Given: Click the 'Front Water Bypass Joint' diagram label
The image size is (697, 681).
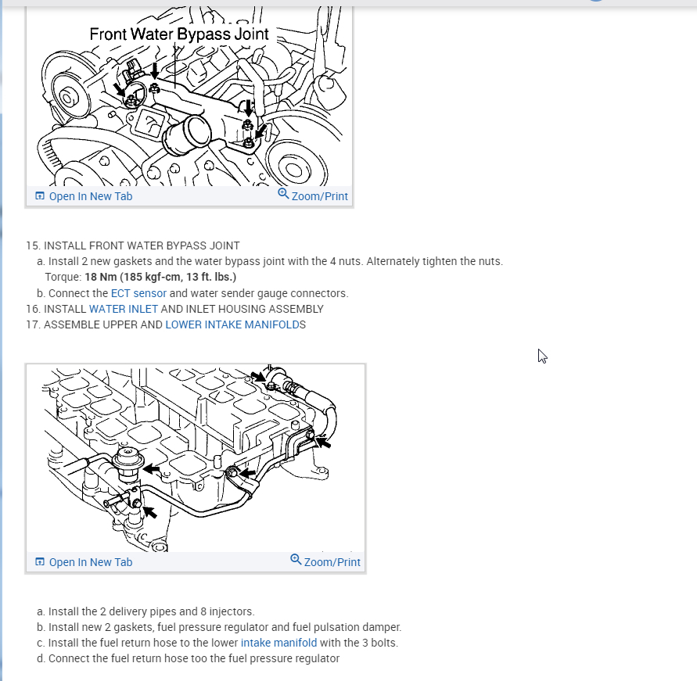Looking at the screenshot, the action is [179, 34].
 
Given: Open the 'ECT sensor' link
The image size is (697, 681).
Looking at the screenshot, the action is [138, 293].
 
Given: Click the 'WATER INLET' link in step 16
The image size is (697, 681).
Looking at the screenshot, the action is [124, 309].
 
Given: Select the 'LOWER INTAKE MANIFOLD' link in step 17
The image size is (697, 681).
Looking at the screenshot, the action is [232, 324].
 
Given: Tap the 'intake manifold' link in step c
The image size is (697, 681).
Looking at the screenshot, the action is [278, 643].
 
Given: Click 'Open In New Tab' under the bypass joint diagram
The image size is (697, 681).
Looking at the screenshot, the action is [90, 196].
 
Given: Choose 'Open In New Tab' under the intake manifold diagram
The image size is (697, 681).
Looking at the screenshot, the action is [90, 562].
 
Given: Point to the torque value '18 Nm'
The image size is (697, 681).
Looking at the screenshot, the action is [102, 277].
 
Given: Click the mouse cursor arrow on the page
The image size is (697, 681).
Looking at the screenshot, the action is [542, 356].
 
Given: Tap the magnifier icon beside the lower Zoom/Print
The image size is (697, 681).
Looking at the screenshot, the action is [296, 560].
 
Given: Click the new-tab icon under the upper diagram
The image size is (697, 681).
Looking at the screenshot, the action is [40, 196].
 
